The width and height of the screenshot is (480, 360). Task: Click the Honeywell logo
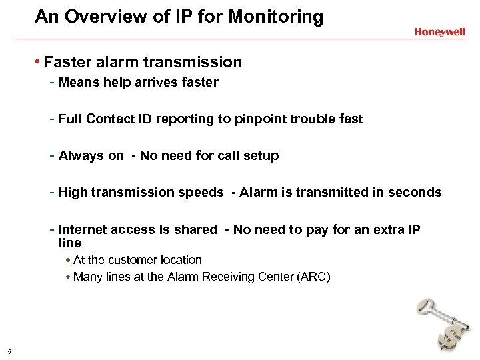(x=439, y=31)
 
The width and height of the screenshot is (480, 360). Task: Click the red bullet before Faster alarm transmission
(x=39, y=63)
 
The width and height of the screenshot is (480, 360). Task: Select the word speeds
(x=203, y=193)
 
